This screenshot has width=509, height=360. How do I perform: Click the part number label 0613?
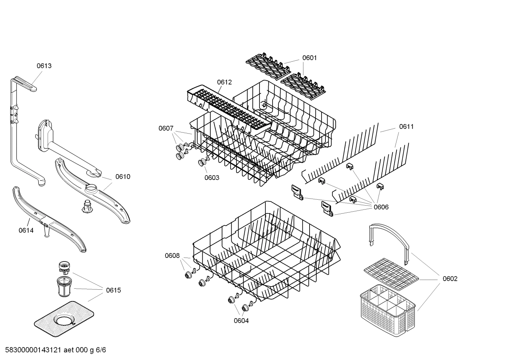click(x=44, y=66)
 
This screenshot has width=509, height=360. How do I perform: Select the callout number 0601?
click(x=309, y=58)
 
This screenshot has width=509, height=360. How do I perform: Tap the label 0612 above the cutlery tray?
click(x=224, y=82)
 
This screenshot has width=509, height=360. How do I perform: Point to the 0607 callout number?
click(x=166, y=128)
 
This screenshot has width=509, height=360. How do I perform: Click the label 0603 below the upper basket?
click(x=212, y=177)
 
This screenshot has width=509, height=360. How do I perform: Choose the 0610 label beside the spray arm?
click(x=123, y=177)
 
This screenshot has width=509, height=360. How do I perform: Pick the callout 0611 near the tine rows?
click(x=406, y=126)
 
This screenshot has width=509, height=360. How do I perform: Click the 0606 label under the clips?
click(x=381, y=207)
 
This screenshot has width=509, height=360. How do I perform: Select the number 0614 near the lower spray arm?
click(x=26, y=230)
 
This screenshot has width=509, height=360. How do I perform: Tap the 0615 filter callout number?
click(x=113, y=290)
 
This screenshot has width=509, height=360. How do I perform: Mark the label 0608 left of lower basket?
click(x=172, y=255)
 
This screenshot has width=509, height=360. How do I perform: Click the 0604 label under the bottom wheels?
click(x=241, y=320)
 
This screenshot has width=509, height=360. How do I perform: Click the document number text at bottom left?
click(x=53, y=350)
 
